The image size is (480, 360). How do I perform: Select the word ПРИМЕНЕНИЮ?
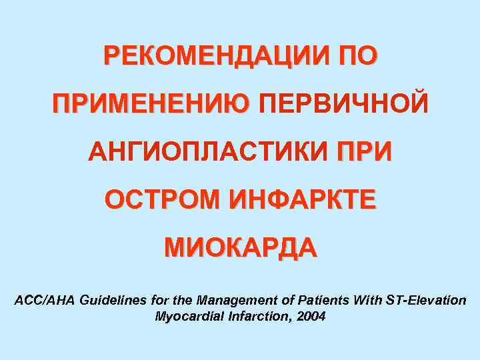click(x=151, y=105)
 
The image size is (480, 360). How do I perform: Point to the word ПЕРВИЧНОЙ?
click(x=342, y=105)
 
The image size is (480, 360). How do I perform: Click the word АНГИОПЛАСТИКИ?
click(x=207, y=153)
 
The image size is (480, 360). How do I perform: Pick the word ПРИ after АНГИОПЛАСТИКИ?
click(x=365, y=153)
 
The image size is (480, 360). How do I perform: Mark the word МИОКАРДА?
click(x=241, y=248)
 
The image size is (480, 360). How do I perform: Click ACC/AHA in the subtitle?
click(x=45, y=301)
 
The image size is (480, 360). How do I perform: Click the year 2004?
click(x=312, y=317)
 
